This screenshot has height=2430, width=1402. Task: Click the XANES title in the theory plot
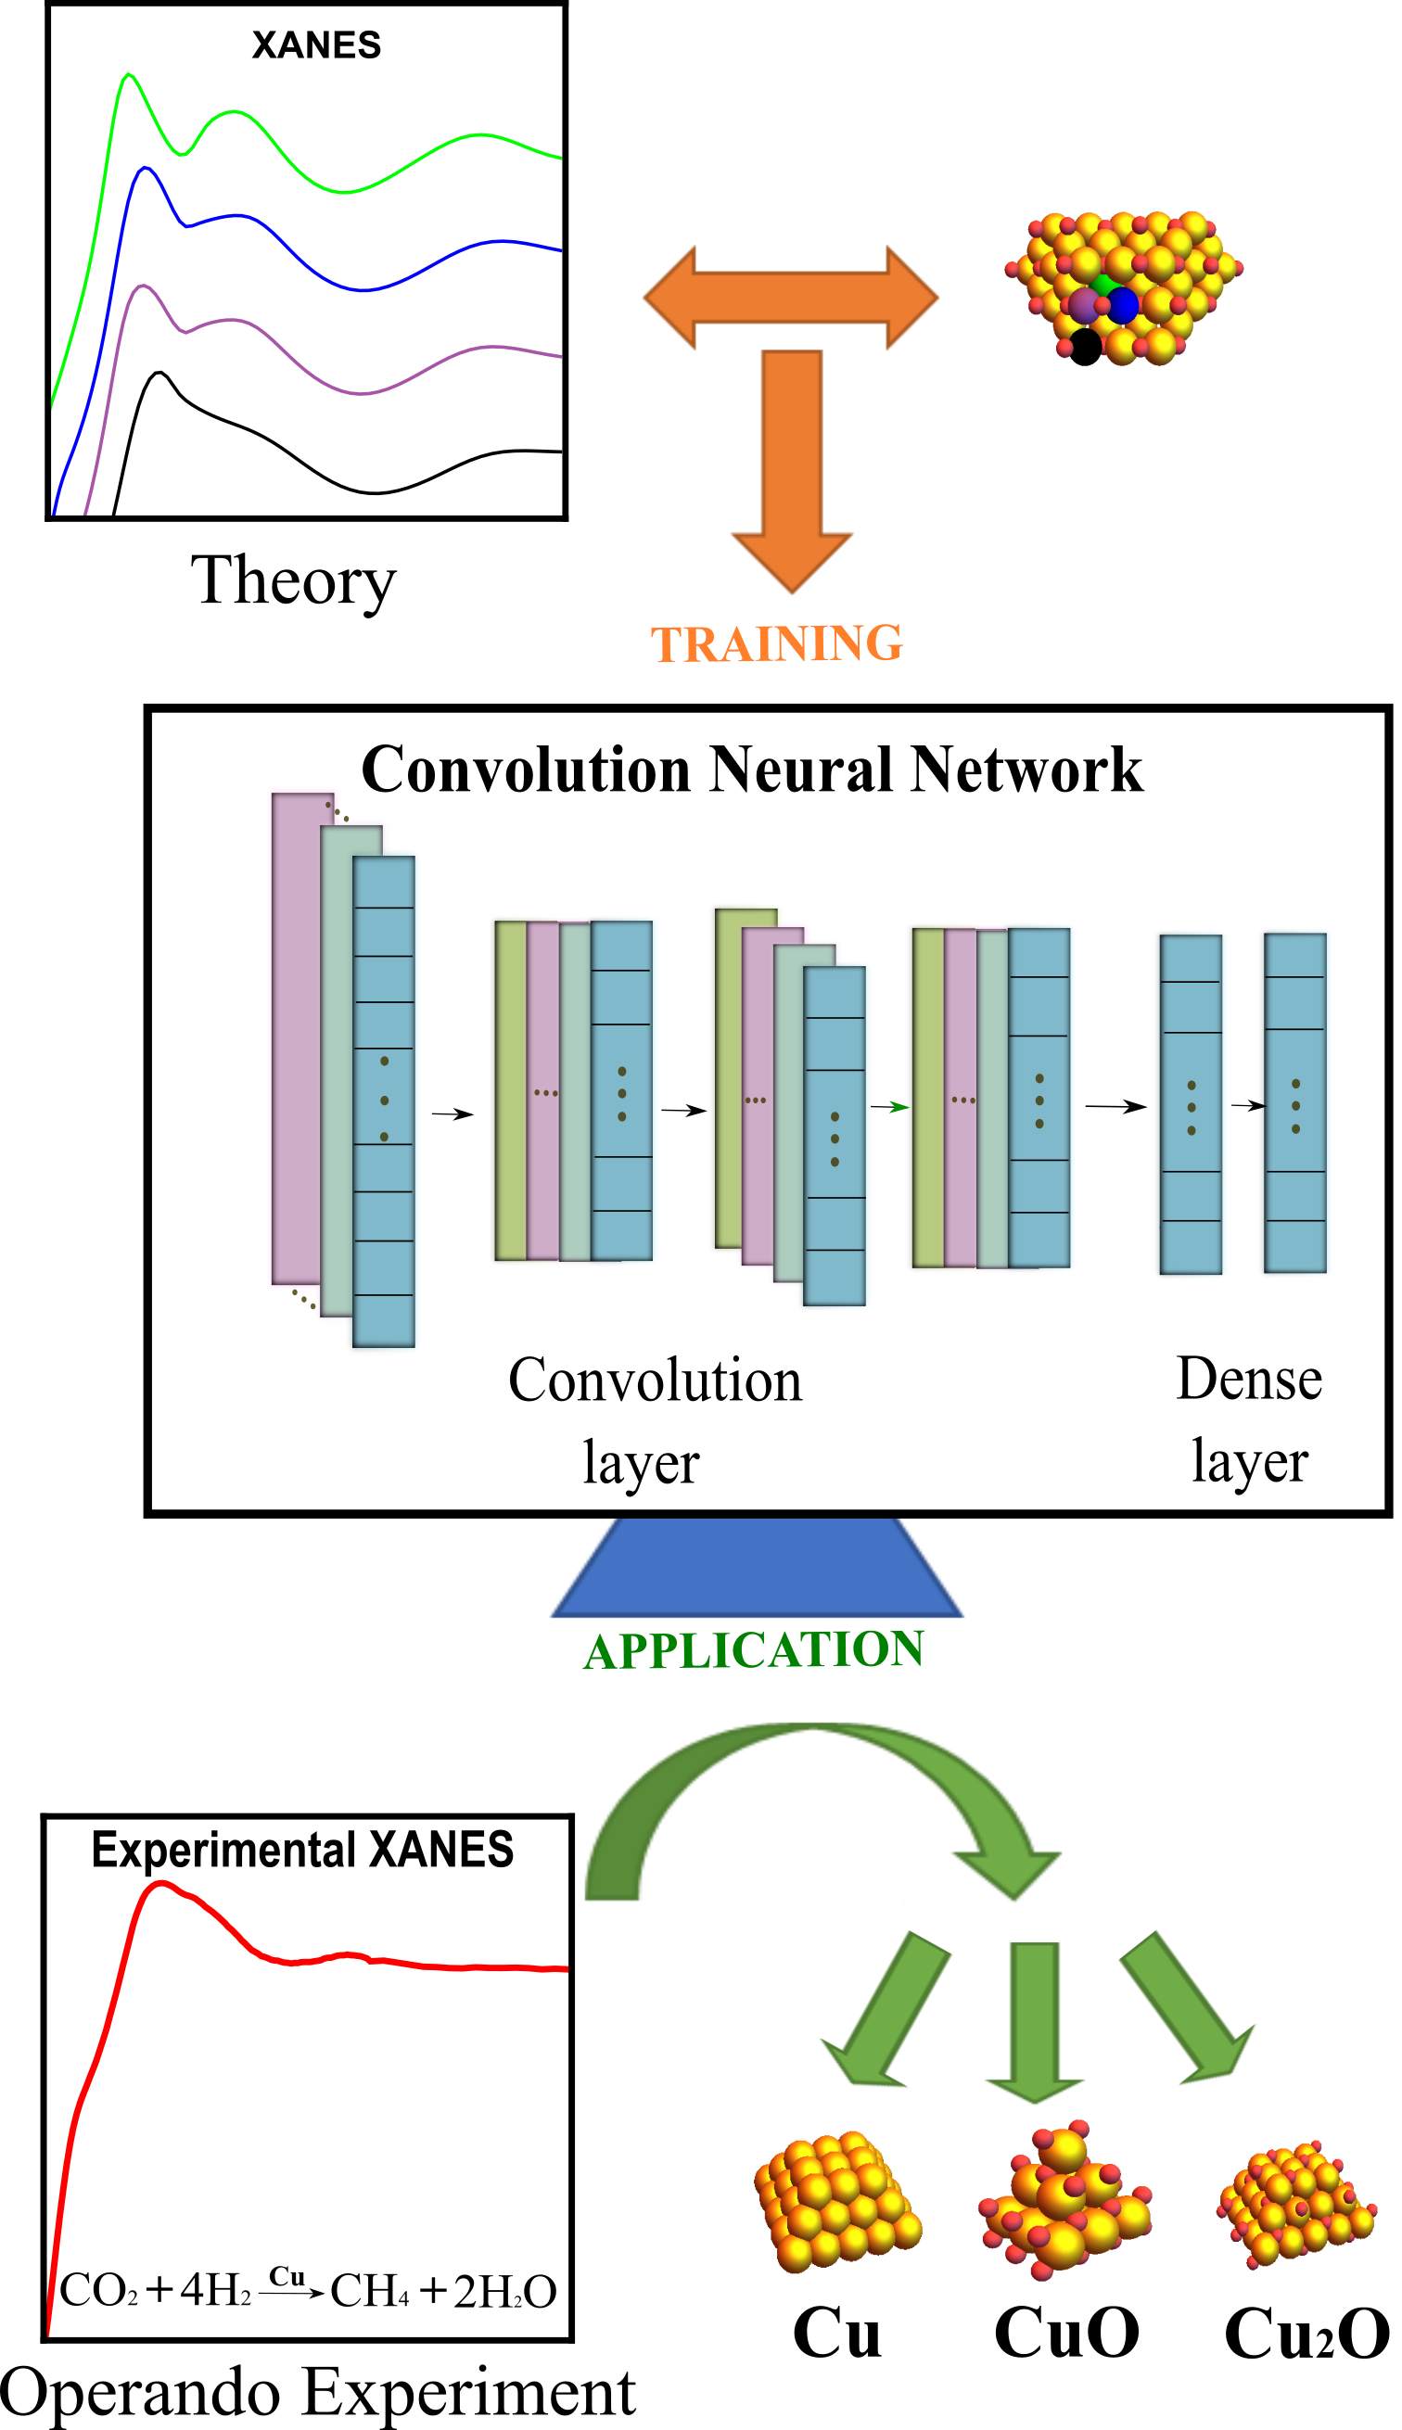click(316, 45)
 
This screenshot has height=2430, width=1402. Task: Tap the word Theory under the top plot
click(293, 581)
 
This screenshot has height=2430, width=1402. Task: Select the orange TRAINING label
click(776, 644)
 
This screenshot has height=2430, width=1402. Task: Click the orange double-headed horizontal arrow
click(791, 298)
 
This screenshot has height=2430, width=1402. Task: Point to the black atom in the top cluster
click(1085, 347)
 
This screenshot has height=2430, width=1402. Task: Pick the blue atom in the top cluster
click(1122, 305)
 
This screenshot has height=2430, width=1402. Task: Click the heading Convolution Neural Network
click(752, 770)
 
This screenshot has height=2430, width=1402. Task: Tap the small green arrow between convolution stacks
click(890, 1107)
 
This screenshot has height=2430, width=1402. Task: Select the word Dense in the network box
click(1249, 1379)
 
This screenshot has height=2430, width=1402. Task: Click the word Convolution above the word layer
click(655, 1380)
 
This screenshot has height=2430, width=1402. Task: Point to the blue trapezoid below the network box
click(757, 1568)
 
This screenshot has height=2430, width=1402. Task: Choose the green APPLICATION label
click(753, 1650)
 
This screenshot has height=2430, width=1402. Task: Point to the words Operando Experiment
click(318, 2395)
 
